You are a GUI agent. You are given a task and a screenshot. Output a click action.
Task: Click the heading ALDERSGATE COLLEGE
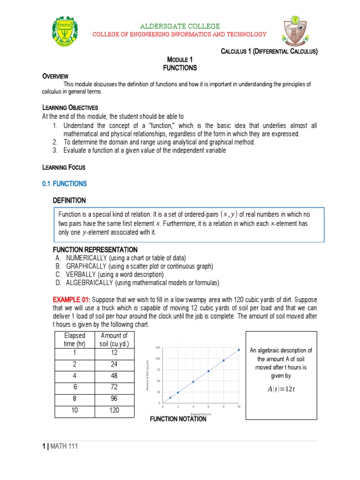point(180,26)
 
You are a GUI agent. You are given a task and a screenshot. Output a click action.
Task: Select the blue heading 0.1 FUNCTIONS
point(65,184)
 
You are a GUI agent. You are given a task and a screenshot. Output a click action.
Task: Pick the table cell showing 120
point(114,410)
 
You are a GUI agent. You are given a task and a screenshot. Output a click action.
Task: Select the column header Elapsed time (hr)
point(75,339)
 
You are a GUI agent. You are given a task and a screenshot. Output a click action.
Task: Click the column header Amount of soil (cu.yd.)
point(114,339)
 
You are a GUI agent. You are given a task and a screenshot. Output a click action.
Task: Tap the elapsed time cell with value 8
point(75,399)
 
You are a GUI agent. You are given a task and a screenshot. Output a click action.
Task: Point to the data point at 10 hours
point(239,349)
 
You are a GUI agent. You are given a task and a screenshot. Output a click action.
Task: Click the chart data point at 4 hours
point(193,382)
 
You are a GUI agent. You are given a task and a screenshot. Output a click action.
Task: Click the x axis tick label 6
point(208,406)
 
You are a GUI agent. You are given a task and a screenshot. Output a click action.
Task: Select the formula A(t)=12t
point(281,389)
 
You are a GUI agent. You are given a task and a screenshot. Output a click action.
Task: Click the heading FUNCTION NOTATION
point(178,419)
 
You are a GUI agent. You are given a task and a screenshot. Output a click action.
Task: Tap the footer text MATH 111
point(66,447)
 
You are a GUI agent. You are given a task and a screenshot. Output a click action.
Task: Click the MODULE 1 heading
point(180,60)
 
